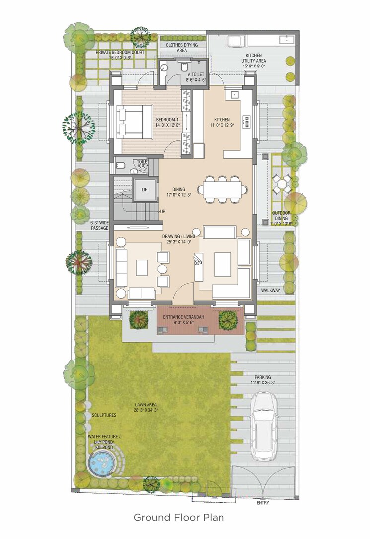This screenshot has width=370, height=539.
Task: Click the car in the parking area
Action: pyautogui.click(x=262, y=425)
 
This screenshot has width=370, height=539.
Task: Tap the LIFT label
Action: pyautogui.click(x=145, y=189)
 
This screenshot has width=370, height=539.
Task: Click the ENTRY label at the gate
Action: pyautogui.click(x=263, y=503)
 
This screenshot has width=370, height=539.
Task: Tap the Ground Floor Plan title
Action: pyautogui.click(x=182, y=517)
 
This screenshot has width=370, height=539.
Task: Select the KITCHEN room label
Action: pyautogui.click(x=222, y=120)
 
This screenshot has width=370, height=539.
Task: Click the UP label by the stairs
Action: pyautogui.click(x=162, y=212)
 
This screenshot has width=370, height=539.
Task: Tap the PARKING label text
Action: pyautogui.click(x=263, y=377)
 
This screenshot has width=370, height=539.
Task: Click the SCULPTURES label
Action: pyautogui.click(x=103, y=415)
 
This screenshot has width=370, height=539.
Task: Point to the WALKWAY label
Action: pyautogui.click(x=271, y=290)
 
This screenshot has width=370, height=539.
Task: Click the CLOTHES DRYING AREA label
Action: pyautogui.click(x=182, y=47)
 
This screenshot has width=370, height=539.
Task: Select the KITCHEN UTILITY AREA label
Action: pyautogui.click(x=254, y=60)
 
